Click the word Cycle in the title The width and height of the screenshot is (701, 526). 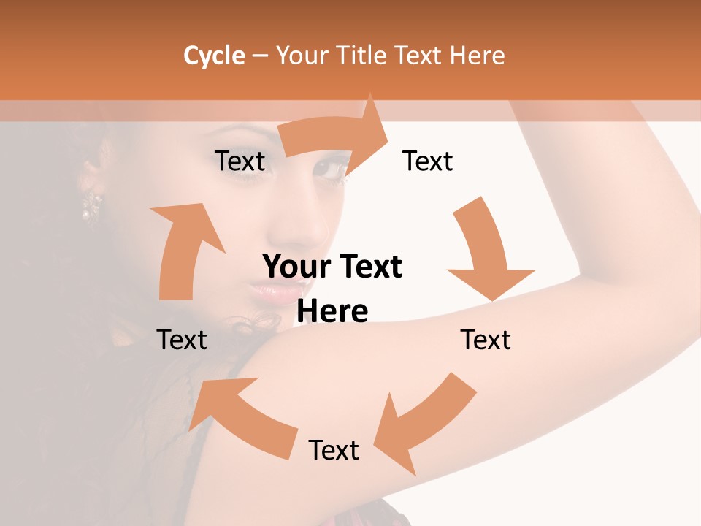pos(214,56)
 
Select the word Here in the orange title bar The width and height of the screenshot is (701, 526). pos(478,56)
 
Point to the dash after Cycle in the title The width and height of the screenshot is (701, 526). pos(260,56)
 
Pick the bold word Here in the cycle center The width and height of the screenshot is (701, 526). pos(332,311)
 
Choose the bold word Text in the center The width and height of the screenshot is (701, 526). pos(369,267)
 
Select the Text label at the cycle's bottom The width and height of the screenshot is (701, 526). pos(334,450)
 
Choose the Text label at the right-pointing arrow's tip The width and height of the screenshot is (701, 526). pos(428,161)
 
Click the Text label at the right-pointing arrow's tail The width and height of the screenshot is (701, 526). pos(240,161)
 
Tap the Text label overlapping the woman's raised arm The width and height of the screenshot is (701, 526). pos(486,340)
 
